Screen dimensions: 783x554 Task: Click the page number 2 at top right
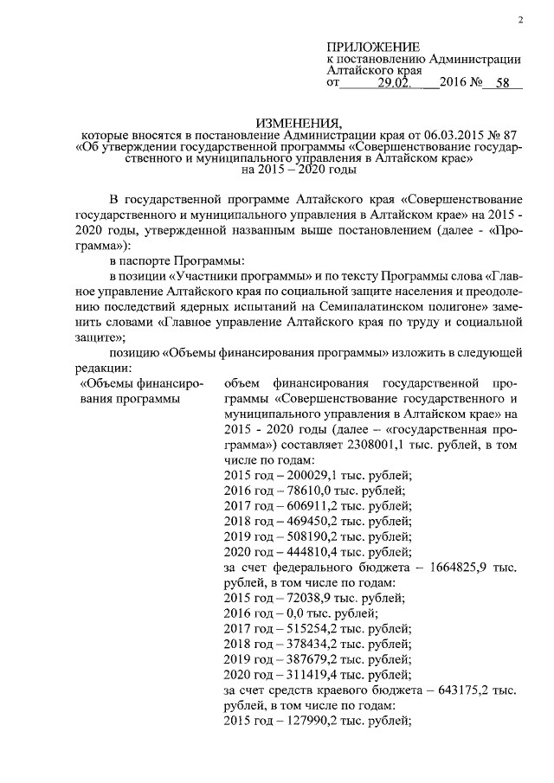521,19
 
